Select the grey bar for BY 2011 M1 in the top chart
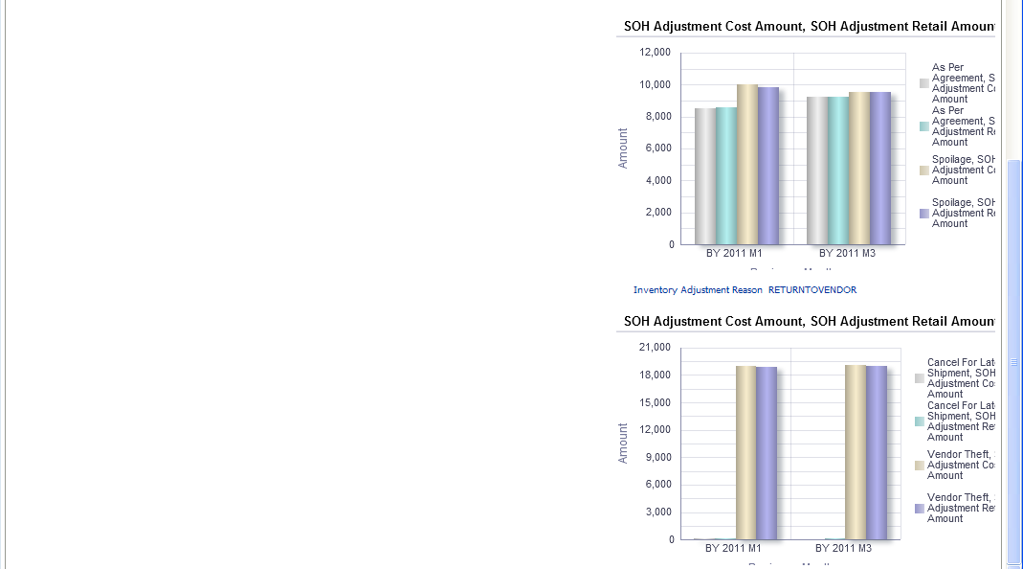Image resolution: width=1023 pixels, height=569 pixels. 705,176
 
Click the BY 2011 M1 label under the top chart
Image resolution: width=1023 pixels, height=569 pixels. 734,254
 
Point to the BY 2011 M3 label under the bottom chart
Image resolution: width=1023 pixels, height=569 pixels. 843,549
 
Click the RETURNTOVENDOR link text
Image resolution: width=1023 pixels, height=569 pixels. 812,290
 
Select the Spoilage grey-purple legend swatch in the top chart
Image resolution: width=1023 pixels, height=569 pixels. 923,214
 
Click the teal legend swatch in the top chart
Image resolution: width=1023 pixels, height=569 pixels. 923,126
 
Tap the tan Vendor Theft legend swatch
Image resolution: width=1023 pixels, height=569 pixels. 920,466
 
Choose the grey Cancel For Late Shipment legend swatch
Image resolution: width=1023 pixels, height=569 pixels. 920,378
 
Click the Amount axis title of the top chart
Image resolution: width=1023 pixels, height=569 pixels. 623,148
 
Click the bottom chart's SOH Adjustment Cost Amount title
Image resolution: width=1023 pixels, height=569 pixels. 809,321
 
